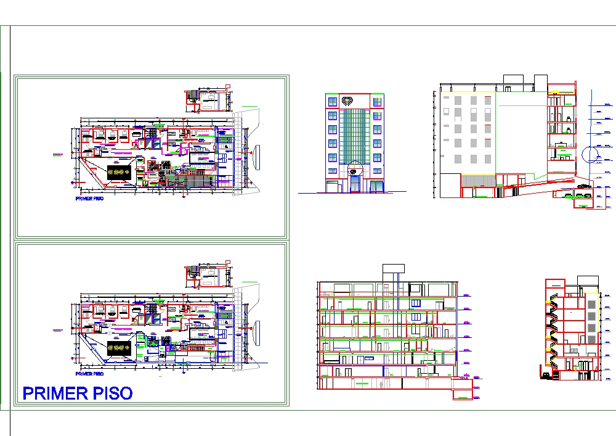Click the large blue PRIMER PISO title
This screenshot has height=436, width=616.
tap(77, 393)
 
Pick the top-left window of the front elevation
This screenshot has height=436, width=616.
tap(332, 101)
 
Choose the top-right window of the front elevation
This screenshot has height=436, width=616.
tap(377, 101)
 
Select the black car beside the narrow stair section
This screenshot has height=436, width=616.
tap(545, 375)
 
